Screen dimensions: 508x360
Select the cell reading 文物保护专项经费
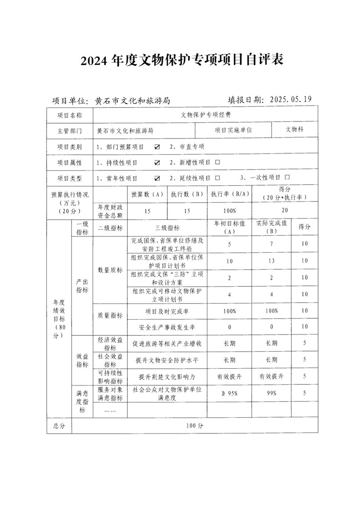tap(206, 115)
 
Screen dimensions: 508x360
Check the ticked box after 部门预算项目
tap(157, 147)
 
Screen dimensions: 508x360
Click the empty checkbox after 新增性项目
tap(218, 162)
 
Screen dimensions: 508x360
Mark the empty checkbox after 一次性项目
tap(287, 178)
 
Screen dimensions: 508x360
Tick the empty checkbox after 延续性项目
tap(218, 178)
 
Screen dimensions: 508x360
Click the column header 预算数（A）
tap(147, 195)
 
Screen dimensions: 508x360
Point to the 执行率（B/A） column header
tap(229, 195)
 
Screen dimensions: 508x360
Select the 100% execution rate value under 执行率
tap(229, 210)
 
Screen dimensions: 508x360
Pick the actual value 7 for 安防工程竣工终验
tap(272, 244)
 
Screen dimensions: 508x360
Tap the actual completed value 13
tap(272, 261)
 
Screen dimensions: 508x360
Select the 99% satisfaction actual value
tap(272, 393)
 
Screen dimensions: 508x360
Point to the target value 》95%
tap(229, 393)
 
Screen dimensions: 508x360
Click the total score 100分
tap(194, 425)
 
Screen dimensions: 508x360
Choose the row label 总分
tap(59, 425)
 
